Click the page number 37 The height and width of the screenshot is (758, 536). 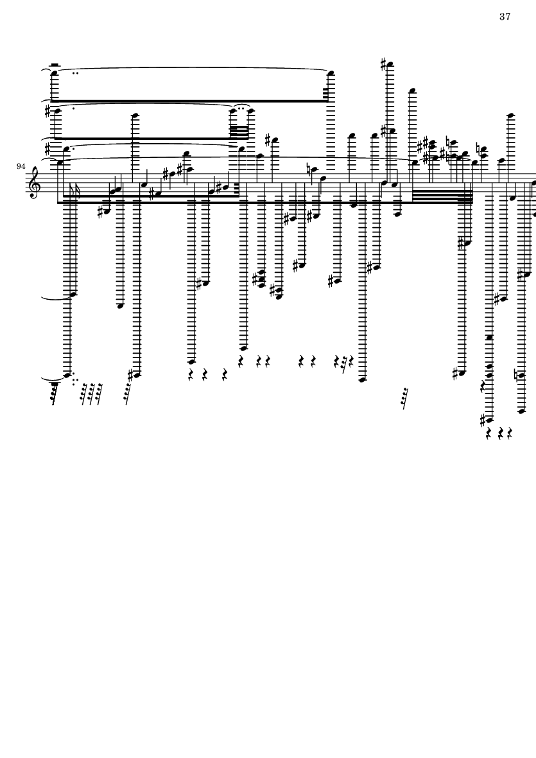[505, 17]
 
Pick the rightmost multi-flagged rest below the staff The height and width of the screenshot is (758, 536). [404, 399]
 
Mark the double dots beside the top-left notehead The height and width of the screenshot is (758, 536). [77, 73]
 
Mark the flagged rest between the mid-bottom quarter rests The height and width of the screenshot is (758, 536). [344, 364]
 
